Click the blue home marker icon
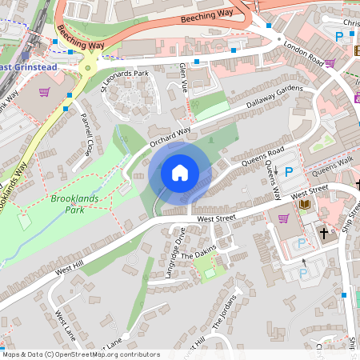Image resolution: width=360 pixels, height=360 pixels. coord(180,172)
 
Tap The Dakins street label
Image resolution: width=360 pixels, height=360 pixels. coord(198,254)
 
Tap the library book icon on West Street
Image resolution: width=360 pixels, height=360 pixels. coord(304,205)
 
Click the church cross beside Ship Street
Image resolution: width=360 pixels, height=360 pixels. coord(324,234)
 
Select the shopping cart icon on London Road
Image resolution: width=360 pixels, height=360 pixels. coord(330,62)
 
